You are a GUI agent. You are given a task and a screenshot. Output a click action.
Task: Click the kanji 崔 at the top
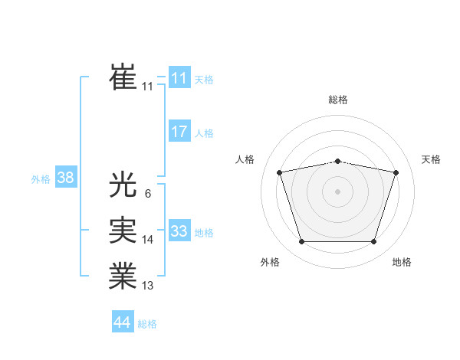pyautogui.click(x=123, y=77)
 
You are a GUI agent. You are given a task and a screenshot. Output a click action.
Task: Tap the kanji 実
pyautogui.click(x=123, y=231)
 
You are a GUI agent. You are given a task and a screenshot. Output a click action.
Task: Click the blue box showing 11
pyautogui.click(x=179, y=78)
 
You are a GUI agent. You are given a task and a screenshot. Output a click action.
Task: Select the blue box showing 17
pyautogui.click(x=179, y=132)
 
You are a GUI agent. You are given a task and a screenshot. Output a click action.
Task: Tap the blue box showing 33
pyautogui.click(x=179, y=231)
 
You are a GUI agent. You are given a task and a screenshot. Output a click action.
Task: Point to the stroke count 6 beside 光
pyautogui.click(x=147, y=193)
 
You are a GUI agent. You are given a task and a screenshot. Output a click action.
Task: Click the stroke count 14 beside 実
pyautogui.click(x=147, y=240)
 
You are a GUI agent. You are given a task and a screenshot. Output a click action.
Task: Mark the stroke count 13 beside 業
pyautogui.click(x=147, y=286)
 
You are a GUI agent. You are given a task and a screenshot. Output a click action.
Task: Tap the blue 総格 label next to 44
pyautogui.click(x=147, y=324)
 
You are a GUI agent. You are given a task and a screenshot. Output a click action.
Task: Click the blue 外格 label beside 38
pyautogui.click(x=41, y=179)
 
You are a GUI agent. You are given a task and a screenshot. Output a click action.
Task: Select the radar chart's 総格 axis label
pyautogui.click(x=338, y=100)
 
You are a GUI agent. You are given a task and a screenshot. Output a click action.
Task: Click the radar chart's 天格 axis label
pyautogui.click(x=431, y=159)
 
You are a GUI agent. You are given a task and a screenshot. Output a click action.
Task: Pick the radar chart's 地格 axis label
pyautogui.click(x=402, y=262)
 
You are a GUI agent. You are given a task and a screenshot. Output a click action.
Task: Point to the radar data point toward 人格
pyautogui.click(x=280, y=172)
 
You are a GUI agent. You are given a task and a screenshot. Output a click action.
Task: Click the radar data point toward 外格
pyautogui.click(x=301, y=242)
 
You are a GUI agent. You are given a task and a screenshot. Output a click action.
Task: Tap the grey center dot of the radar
pyautogui.click(x=338, y=191)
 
